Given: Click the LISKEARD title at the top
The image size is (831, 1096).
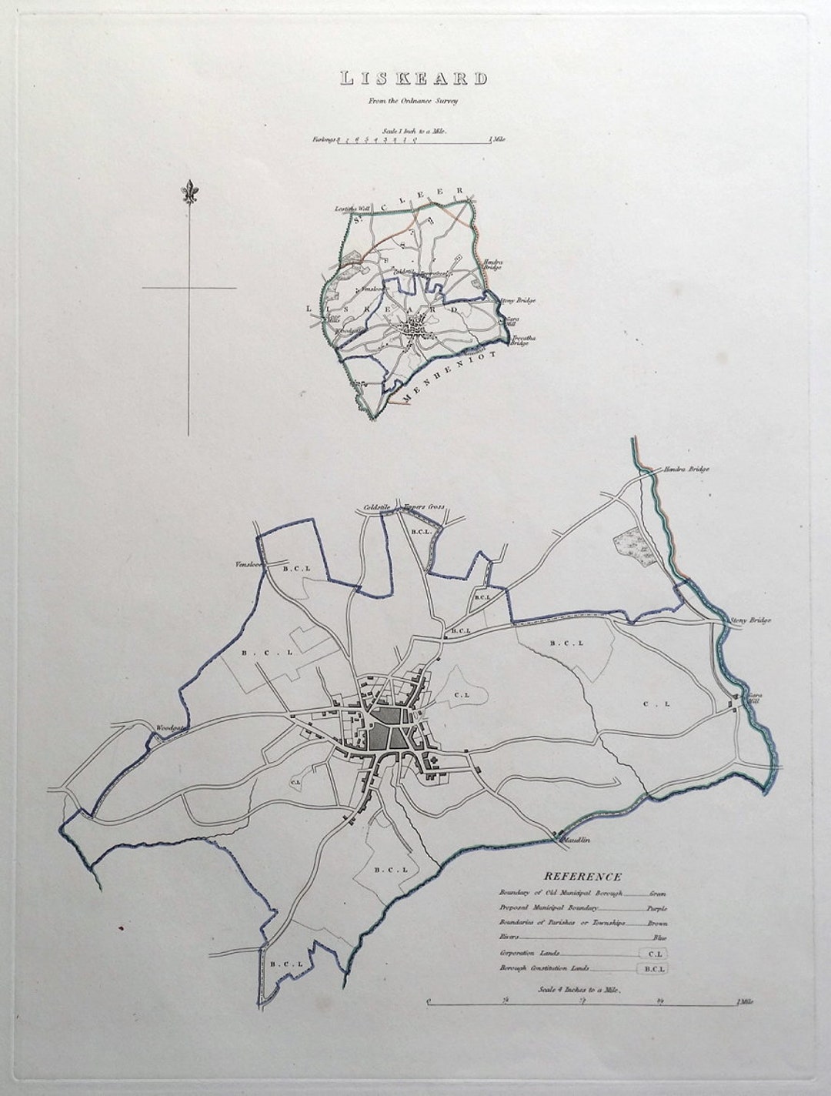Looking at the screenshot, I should pyautogui.click(x=415, y=79).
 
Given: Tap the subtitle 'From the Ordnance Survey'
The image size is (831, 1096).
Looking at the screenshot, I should pyautogui.click(x=415, y=99).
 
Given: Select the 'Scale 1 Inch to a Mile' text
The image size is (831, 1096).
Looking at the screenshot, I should pyautogui.click(x=415, y=132).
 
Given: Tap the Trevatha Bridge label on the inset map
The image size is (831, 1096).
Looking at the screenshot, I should pyautogui.click(x=521, y=339).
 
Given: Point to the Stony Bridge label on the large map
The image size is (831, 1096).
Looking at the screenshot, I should pyautogui.click(x=750, y=620).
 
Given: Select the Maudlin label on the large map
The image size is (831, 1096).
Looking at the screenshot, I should pyautogui.click(x=575, y=840).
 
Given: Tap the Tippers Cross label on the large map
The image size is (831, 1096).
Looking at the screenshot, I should pyautogui.click(x=424, y=507).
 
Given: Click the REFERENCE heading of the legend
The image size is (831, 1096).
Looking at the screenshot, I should pyautogui.click(x=582, y=876).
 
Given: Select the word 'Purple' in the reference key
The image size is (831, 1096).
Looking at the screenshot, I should pyautogui.click(x=656, y=908).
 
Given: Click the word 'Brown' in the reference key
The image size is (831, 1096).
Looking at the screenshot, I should pyautogui.click(x=656, y=923).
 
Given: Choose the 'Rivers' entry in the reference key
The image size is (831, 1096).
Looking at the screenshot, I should pyautogui.click(x=509, y=937).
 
